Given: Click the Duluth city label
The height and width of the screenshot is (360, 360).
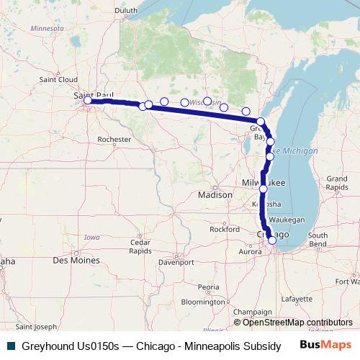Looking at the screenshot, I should click(x=126, y=9).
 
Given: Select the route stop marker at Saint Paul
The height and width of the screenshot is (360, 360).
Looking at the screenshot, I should click(x=88, y=101).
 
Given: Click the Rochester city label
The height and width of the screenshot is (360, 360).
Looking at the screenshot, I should click(x=114, y=139).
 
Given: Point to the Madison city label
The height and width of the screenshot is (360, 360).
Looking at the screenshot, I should click(x=215, y=194).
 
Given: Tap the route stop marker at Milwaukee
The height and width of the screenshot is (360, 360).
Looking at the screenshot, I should click(x=264, y=189).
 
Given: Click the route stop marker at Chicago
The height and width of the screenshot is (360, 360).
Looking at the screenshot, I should click(x=272, y=240).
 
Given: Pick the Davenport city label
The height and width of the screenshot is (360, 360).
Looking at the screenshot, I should click(x=176, y=262).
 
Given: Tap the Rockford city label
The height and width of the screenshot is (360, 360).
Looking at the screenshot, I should click(x=224, y=229).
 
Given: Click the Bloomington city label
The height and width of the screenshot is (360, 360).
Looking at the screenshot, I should click(x=203, y=302).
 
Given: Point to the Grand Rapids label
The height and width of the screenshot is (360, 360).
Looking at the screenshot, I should click(x=336, y=182).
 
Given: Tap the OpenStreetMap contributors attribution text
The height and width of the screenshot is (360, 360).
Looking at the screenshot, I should click(x=293, y=323).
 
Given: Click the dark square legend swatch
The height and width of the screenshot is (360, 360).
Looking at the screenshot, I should click(x=9, y=346).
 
